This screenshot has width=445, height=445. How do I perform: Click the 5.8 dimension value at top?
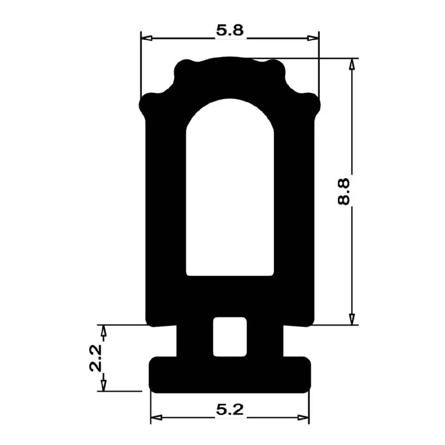point(230,31)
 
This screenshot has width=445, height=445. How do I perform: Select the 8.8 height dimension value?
point(344,191)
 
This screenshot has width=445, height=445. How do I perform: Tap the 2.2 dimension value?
point(95,358)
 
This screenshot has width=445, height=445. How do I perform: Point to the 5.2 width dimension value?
point(230,410)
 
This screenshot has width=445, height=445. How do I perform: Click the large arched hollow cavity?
point(230,191)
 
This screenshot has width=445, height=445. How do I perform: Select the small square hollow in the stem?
point(229,337)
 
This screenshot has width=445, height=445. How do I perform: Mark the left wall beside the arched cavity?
point(166,200)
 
